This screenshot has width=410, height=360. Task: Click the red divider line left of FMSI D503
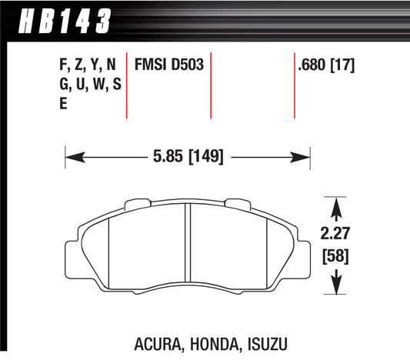tap(126, 85)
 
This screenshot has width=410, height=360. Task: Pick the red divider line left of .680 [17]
tap(295, 85)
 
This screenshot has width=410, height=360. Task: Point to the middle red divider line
tap(211, 85)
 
